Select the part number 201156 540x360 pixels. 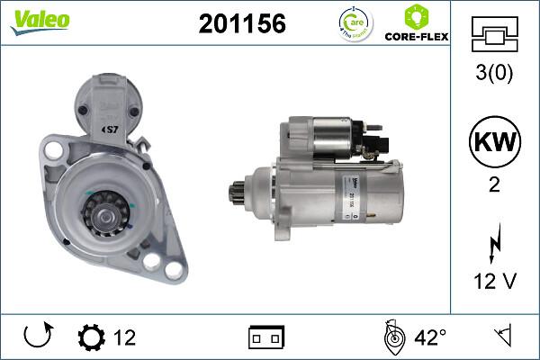tap(241, 25)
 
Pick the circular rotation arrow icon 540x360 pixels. tap(38, 337)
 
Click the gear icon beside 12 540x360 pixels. tap(91, 337)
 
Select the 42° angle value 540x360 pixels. tap(430, 337)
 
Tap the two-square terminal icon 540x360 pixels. tap(266, 337)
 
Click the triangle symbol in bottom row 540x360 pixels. tap(501, 337)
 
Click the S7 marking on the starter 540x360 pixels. tap(112, 130)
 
